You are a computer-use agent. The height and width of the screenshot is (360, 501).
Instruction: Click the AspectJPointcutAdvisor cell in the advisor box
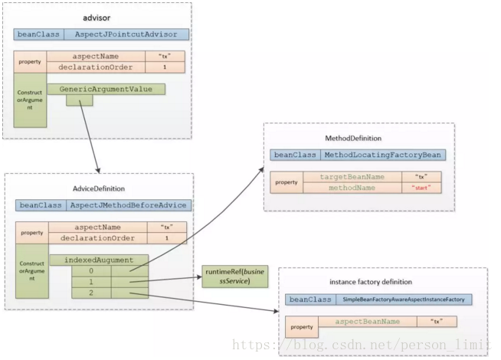pos(126,34)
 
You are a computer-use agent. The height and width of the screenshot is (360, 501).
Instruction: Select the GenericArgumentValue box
pos(106,89)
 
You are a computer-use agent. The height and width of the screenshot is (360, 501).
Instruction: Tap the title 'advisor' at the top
pos(97,18)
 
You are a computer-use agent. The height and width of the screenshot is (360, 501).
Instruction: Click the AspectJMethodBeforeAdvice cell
pos(129,205)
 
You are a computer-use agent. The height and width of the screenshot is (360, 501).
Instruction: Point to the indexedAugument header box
pos(99,260)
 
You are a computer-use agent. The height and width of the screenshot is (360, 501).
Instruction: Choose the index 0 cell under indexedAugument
pos(91,271)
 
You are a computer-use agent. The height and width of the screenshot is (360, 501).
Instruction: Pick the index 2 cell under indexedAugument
pos(91,293)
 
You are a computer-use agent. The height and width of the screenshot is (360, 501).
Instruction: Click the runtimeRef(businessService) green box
pos(235,277)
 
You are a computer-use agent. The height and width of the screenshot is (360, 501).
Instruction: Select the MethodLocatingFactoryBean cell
pos(383,155)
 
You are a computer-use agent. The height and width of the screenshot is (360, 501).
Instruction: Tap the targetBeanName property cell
pos(352,177)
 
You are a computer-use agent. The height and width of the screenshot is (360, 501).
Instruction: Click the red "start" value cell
pos(421,188)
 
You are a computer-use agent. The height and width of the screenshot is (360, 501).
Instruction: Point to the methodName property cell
pos(352,188)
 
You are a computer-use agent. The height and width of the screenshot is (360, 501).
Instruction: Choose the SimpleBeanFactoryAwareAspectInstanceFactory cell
pos(404,299)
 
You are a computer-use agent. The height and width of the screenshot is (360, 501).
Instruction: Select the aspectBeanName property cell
pos(368,322)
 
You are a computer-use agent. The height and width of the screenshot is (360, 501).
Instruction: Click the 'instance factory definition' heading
pos(371,282)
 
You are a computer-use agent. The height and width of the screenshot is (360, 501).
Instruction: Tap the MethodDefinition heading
pos(353,139)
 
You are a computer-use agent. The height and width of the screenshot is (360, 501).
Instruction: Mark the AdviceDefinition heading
pos(99,188)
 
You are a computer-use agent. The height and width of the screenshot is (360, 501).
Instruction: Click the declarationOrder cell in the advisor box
pos(96,67)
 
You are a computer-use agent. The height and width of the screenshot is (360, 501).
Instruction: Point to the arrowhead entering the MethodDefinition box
pos(262,169)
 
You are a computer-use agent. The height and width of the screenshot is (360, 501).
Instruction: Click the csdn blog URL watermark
pos(362,345)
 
